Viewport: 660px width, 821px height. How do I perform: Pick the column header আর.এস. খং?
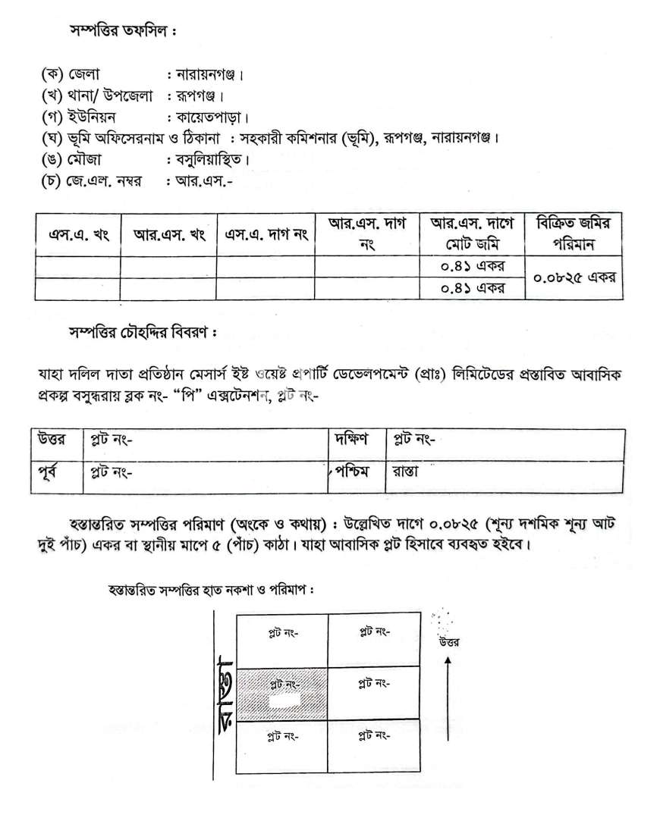[169, 234]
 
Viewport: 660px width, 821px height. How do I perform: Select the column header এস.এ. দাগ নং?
[266, 234]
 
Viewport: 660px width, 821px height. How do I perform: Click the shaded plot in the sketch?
[282, 694]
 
